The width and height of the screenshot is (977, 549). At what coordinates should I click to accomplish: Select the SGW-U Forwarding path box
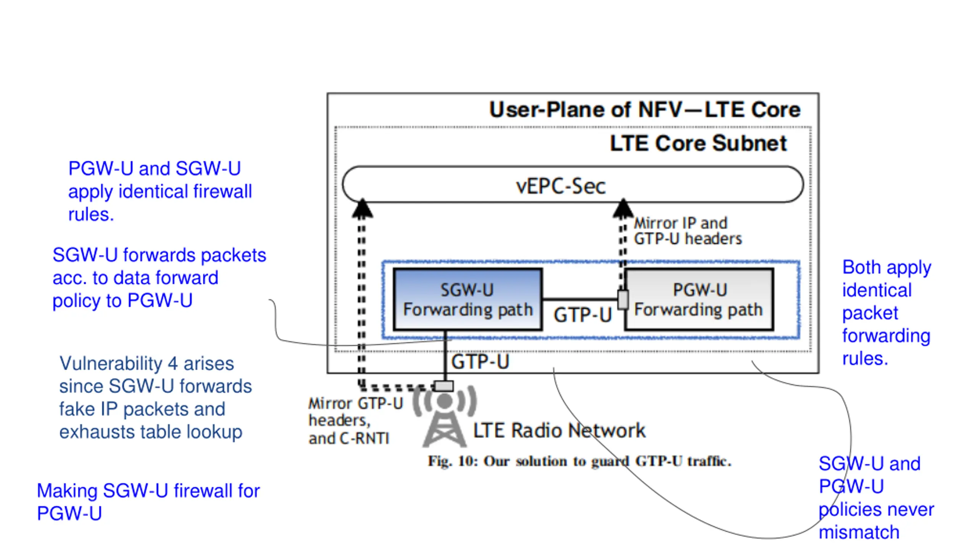pyautogui.click(x=468, y=299)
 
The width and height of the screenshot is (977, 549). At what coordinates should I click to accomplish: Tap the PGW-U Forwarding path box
pyautogui.click(x=699, y=299)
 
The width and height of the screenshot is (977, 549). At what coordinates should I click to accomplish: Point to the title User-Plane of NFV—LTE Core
pyautogui.click(x=645, y=110)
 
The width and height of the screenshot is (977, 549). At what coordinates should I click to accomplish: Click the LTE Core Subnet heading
pyautogui.click(x=698, y=143)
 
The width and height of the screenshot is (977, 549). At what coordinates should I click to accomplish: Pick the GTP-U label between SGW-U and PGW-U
pyautogui.click(x=583, y=315)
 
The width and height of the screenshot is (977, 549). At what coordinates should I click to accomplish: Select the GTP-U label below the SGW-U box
pyautogui.click(x=480, y=362)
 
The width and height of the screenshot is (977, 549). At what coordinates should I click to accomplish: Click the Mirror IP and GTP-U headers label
pyautogui.click(x=688, y=231)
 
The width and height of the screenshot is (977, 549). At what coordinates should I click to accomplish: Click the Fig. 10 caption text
pyautogui.click(x=579, y=461)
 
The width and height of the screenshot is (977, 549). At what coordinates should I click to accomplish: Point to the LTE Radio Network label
pyautogui.click(x=559, y=430)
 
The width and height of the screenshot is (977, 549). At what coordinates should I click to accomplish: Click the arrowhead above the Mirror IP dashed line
pyautogui.click(x=623, y=208)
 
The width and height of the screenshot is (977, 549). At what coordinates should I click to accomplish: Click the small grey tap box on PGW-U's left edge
pyautogui.click(x=623, y=300)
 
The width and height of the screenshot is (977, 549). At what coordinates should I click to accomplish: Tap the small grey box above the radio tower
pyautogui.click(x=444, y=386)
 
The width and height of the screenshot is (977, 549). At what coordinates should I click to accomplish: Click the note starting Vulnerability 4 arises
pyautogui.click(x=155, y=398)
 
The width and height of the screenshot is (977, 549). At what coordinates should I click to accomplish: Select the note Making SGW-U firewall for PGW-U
pyautogui.click(x=148, y=502)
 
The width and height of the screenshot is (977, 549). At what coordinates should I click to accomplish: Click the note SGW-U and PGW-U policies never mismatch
pyautogui.click(x=876, y=498)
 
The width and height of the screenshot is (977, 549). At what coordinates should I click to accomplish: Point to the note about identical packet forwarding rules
pyautogui.click(x=887, y=313)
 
